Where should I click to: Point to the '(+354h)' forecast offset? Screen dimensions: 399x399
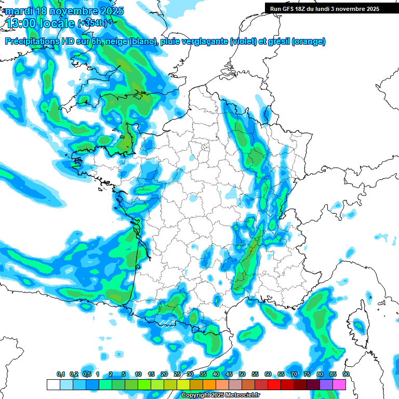point(92,23)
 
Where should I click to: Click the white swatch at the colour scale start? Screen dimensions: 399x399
point(52,384)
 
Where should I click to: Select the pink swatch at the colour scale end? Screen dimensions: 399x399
point(339,384)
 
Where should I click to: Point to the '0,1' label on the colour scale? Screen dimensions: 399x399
point(61,374)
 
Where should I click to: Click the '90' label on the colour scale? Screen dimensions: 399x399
point(345,374)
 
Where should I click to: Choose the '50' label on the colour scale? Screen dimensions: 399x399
point(242,374)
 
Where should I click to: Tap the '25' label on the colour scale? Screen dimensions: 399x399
point(177,374)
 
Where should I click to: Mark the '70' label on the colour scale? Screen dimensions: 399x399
point(294,374)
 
